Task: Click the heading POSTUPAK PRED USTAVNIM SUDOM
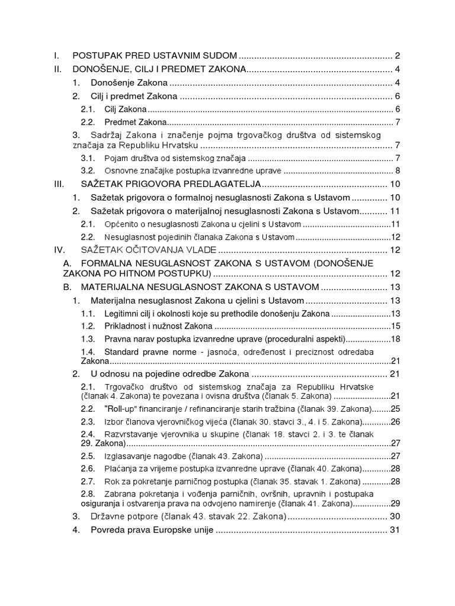pos(155,56)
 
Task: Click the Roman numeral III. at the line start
pos(58,184)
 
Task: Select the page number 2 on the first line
pos(398,56)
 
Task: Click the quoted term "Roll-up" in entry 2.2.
pos(120,409)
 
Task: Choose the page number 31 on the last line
pos(396,530)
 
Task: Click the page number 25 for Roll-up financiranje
pos(396,409)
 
